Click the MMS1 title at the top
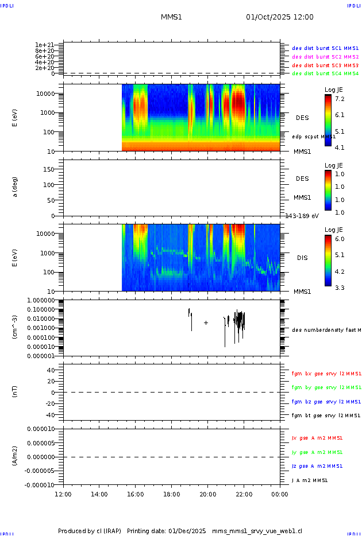(171, 17)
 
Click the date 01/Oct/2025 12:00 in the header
(280, 17)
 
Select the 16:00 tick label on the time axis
(136, 493)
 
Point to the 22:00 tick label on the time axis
(244, 493)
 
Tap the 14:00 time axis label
(99, 493)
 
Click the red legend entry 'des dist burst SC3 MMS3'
(325, 65)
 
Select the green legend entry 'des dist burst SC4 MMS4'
(325, 73)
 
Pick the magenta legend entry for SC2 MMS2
(325, 57)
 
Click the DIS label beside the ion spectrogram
(302, 258)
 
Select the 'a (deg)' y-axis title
(16, 187)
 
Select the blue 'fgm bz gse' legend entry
(326, 402)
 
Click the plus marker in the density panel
(206, 323)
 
